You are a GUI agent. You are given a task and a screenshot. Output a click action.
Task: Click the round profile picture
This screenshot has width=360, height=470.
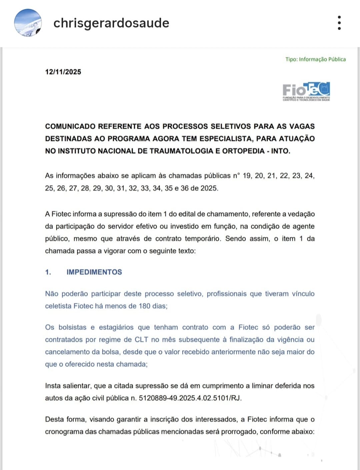28,23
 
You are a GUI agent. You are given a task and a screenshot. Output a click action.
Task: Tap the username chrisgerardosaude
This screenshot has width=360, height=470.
111,23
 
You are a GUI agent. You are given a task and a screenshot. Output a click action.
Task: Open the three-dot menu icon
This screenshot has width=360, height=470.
339,23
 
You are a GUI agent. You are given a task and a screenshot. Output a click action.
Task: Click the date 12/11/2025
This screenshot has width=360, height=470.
63,72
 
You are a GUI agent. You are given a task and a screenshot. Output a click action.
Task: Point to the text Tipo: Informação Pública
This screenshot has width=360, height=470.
315,59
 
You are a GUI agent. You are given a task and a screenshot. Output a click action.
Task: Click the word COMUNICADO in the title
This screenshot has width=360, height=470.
70,126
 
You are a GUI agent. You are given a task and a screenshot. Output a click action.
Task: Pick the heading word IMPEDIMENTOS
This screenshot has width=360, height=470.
94,272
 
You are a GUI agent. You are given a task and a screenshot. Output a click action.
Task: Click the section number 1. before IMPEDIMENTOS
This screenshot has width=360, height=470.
48,272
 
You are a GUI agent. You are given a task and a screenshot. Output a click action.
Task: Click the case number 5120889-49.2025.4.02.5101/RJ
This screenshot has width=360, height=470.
190,398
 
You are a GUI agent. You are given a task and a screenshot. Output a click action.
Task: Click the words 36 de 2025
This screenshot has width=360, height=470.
199,188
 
